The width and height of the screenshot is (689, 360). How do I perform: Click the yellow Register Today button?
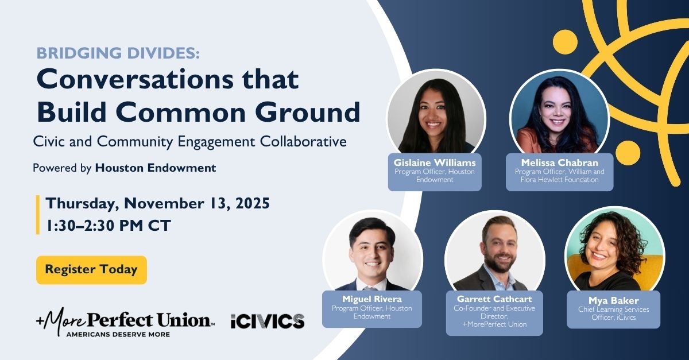[91, 269]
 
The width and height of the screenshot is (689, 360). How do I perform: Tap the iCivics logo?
[268, 321]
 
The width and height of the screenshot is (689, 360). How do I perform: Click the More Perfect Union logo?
[126, 322]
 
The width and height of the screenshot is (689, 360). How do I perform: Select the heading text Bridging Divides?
[118, 53]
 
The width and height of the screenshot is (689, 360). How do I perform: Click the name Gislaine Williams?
[435, 162]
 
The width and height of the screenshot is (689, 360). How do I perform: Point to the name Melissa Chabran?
[559, 162]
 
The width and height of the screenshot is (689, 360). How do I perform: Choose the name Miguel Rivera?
[372, 299]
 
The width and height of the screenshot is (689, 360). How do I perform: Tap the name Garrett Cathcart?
[494, 299]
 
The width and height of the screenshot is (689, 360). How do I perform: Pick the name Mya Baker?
[614, 300]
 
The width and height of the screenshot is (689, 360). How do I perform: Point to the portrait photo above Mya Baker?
[614, 251]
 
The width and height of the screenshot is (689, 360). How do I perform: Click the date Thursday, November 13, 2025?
[157, 204]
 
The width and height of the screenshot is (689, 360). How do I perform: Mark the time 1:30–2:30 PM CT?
[109, 226]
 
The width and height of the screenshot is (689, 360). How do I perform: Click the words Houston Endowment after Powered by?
[156, 168]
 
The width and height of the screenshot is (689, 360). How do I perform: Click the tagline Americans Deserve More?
[118, 334]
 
